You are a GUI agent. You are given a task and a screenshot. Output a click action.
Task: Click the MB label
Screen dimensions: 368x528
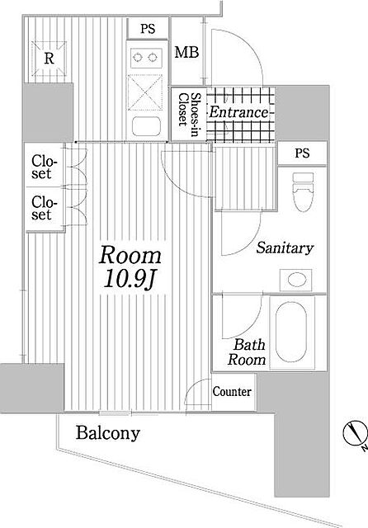click(186, 52)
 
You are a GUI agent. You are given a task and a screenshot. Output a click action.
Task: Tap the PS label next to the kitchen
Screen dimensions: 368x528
click(148, 29)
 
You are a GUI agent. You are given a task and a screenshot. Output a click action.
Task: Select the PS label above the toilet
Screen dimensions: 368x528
click(302, 153)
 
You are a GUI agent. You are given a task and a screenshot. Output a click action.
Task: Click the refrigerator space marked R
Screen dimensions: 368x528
click(50, 59)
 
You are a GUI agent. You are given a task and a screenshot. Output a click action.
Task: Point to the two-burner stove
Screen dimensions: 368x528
click(144, 57)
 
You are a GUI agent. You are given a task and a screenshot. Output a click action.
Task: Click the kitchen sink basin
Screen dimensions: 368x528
click(146, 126)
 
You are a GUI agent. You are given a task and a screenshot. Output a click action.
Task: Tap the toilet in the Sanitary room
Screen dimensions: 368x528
click(303, 192)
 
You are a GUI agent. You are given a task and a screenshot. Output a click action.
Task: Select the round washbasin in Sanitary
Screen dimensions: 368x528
click(297, 280)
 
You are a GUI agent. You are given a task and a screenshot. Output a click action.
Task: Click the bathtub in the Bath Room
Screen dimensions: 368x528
click(291, 332)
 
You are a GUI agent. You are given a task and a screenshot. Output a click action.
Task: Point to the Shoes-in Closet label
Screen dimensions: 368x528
click(188, 114)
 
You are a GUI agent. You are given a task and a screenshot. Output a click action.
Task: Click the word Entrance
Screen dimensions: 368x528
click(238, 112)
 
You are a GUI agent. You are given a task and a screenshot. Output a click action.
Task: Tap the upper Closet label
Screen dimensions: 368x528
click(43, 167)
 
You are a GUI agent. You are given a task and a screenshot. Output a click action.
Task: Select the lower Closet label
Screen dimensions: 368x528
click(43, 209)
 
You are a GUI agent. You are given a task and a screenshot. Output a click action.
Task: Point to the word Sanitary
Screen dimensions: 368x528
click(285, 248)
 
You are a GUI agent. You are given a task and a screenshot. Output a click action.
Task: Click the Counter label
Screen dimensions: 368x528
click(232, 392)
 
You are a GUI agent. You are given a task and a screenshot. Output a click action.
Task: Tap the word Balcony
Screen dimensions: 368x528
click(108, 433)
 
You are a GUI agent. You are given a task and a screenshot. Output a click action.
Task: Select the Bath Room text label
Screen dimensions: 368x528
click(247, 352)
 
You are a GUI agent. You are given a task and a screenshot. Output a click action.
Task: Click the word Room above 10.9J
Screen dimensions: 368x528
click(130, 255)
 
